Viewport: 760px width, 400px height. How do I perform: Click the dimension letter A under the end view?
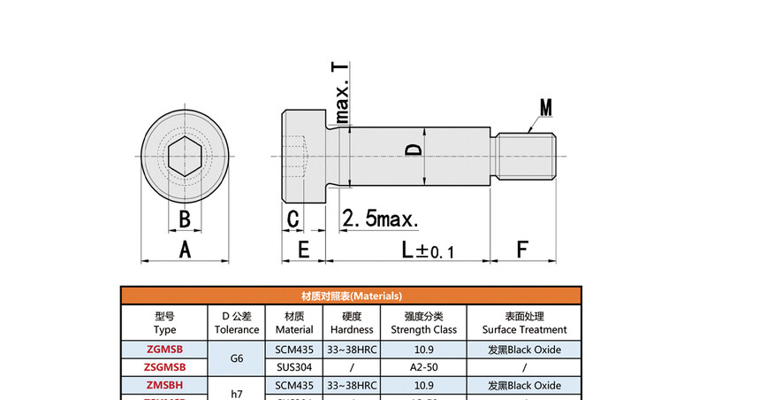[185, 250]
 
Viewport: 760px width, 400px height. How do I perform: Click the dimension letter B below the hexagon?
[185, 219]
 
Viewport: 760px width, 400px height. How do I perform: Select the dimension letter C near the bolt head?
[293, 219]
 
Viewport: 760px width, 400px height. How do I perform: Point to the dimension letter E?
[303, 250]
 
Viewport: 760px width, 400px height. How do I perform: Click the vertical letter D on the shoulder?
[413, 151]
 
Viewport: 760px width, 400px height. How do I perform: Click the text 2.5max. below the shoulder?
[380, 219]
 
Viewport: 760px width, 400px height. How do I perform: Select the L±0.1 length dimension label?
[428, 250]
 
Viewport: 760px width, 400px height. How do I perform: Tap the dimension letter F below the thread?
[521, 250]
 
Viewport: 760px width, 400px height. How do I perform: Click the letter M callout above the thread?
[546, 108]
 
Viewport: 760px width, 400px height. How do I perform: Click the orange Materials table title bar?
[352, 296]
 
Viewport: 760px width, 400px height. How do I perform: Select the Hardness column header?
[352, 323]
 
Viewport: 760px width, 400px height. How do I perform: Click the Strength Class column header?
[423, 323]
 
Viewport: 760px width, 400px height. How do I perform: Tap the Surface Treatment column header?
[524, 323]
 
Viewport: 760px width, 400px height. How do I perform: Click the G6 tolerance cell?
[236, 358]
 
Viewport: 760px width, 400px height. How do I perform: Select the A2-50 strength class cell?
[423, 367]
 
